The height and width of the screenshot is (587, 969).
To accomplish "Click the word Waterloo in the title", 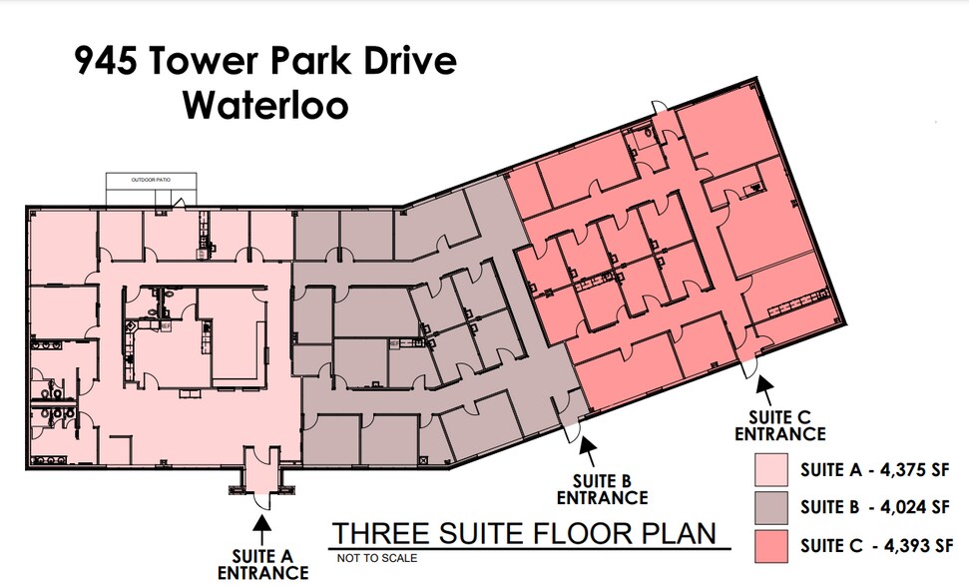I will [x=265, y=104].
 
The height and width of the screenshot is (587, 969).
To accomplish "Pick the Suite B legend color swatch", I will [x=770, y=507].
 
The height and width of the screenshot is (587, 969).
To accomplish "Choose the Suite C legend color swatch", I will [x=770, y=545].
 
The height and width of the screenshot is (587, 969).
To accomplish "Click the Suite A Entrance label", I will [x=263, y=564].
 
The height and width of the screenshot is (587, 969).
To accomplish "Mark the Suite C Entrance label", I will [x=779, y=425].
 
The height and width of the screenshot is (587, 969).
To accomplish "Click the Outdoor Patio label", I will [x=152, y=180].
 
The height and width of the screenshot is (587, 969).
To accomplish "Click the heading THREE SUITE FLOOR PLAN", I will [x=524, y=533].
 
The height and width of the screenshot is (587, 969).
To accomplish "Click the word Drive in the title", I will [x=407, y=61].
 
